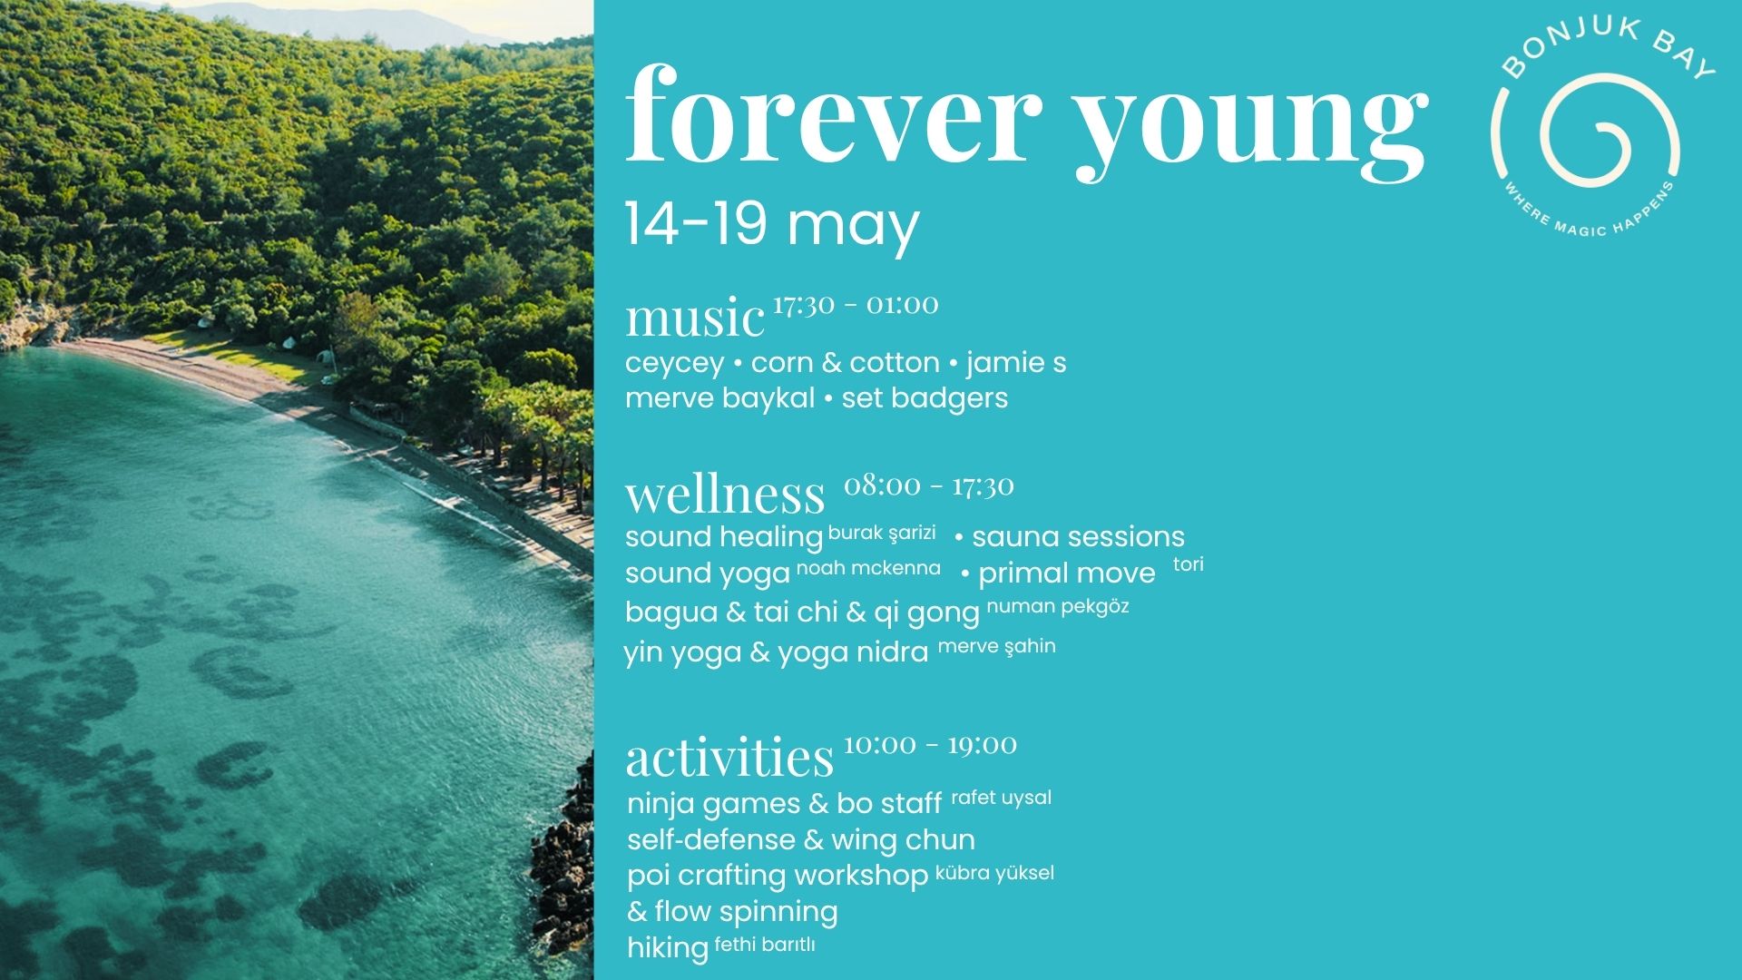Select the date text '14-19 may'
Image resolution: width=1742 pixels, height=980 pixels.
click(772, 224)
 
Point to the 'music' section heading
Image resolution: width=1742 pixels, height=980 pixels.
click(695, 318)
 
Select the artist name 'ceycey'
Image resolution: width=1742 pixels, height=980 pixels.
click(674, 363)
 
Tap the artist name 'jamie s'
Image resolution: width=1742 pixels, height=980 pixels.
click(1016, 362)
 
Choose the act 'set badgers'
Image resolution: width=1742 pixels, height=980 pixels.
click(925, 397)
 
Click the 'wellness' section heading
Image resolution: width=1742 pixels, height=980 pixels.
click(725, 494)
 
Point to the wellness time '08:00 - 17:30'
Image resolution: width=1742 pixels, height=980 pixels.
click(929, 485)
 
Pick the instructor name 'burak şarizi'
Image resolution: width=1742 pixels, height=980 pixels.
click(882, 534)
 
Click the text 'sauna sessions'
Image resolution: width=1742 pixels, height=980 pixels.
click(1078, 536)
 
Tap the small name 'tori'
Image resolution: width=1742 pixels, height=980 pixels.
click(1189, 564)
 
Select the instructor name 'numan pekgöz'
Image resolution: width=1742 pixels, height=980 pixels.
click(1058, 606)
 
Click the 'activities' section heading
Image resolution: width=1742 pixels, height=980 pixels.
click(729, 757)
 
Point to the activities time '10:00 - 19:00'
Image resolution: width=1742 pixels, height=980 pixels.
click(930, 745)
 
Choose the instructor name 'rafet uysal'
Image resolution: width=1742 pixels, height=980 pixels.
click(1002, 799)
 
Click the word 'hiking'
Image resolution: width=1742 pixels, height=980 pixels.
click(668, 948)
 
